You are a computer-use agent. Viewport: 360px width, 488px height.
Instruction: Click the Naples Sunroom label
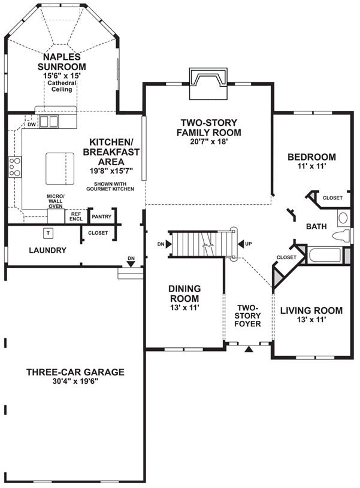tap(61, 62)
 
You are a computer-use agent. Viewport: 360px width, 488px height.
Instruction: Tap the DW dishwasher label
tap(31, 125)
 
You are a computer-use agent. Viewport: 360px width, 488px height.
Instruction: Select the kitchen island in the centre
tap(63, 168)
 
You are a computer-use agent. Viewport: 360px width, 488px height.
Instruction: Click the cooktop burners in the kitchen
tap(14, 167)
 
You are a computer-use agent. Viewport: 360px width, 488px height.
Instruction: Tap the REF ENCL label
tap(76, 216)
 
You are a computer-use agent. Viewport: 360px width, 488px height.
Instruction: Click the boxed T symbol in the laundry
tap(47, 232)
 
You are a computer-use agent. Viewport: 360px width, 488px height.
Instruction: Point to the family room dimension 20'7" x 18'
tap(207, 143)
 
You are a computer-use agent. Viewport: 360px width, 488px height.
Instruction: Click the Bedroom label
tap(311, 157)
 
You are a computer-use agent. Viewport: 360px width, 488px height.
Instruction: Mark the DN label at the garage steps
tap(131, 259)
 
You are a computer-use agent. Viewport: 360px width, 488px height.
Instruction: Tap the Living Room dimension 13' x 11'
tap(311, 321)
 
